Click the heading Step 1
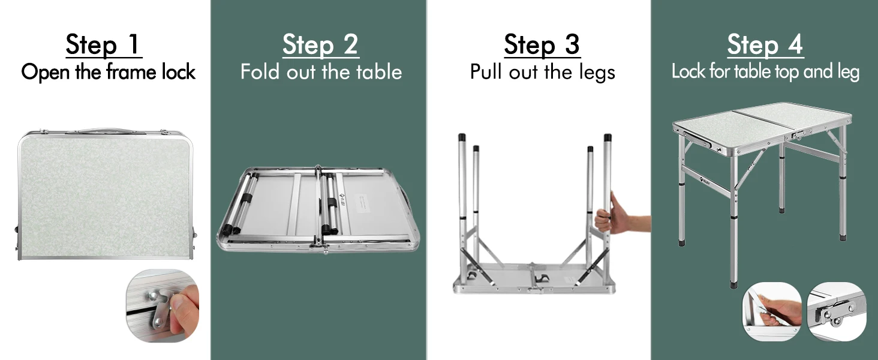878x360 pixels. (104, 44)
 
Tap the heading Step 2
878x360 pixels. (321, 44)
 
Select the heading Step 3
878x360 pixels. (542, 44)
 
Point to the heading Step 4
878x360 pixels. (765, 44)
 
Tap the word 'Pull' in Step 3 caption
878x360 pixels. (486, 72)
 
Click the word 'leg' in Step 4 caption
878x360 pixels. (847, 73)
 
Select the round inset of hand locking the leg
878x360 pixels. (771, 311)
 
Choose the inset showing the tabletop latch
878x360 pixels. (837, 311)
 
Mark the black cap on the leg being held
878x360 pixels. (608, 137)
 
